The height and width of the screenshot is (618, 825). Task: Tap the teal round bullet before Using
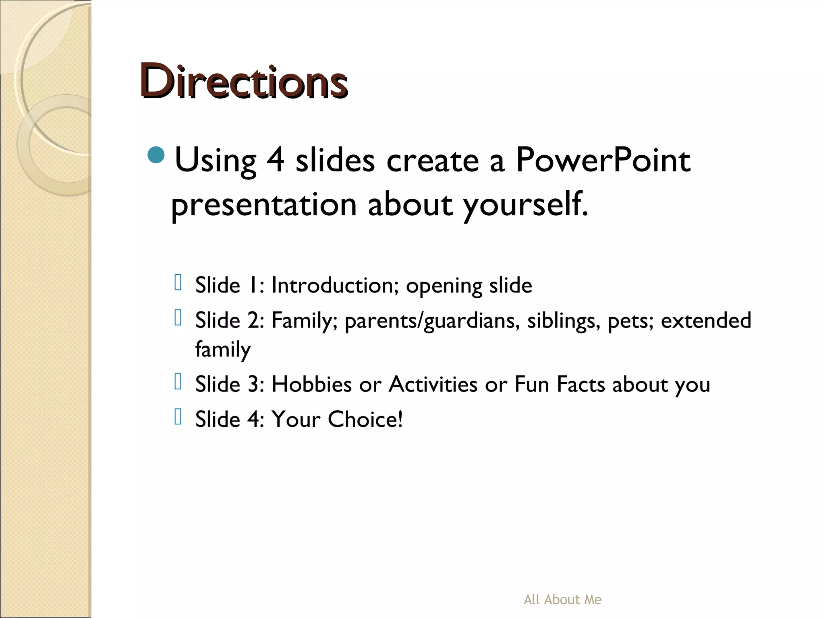coord(156,155)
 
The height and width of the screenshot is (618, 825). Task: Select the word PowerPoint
coord(603,160)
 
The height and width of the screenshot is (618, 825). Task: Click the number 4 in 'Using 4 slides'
coord(276,160)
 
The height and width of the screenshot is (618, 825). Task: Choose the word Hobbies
coord(311,384)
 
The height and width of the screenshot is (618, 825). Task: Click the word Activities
coord(433,384)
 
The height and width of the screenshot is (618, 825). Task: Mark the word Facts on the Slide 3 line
coord(581,384)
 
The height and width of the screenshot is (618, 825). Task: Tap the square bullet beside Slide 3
coord(178,381)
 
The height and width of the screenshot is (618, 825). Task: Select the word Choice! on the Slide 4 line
coord(365,419)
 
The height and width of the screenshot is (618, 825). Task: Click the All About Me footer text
coord(562,599)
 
